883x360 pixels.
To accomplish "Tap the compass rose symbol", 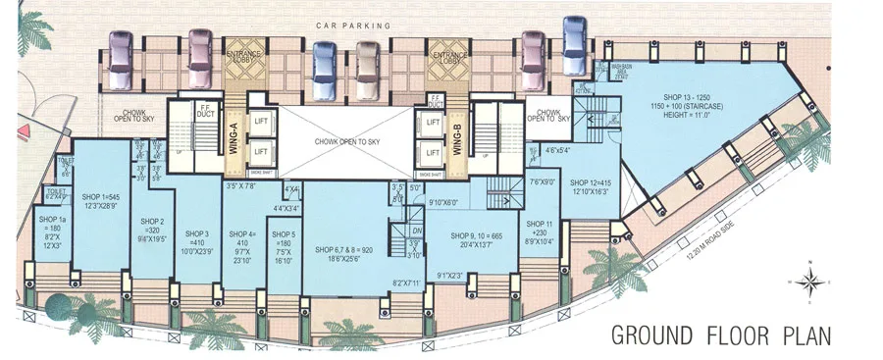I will tap(810, 282).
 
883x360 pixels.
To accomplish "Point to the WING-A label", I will tap(234, 132).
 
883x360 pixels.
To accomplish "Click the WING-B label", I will tap(457, 132).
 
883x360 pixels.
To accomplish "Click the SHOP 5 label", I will tap(285, 234).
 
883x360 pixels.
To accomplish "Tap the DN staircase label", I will tap(415, 232).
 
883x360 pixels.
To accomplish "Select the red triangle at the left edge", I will tap(5, 134).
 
